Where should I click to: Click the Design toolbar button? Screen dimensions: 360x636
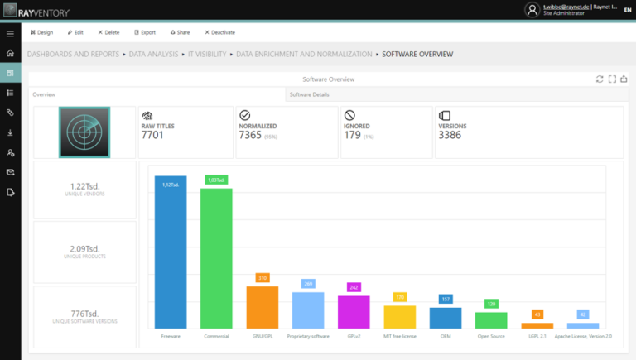41,32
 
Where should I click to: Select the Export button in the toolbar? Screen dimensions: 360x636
144,32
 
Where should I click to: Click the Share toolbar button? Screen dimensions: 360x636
180,32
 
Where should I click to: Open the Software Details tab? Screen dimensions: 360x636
309,94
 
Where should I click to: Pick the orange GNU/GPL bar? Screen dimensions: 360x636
262,308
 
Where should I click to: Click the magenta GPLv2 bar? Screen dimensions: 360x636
354,312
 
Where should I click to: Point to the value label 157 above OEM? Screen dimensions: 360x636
446,299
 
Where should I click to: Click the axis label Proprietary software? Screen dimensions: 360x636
308,337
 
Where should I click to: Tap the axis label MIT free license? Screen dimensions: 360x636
400,337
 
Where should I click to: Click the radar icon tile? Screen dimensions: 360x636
84,132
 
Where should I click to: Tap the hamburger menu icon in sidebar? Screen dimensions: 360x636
10,33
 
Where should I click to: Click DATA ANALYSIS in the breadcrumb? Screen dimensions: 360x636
154,54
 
